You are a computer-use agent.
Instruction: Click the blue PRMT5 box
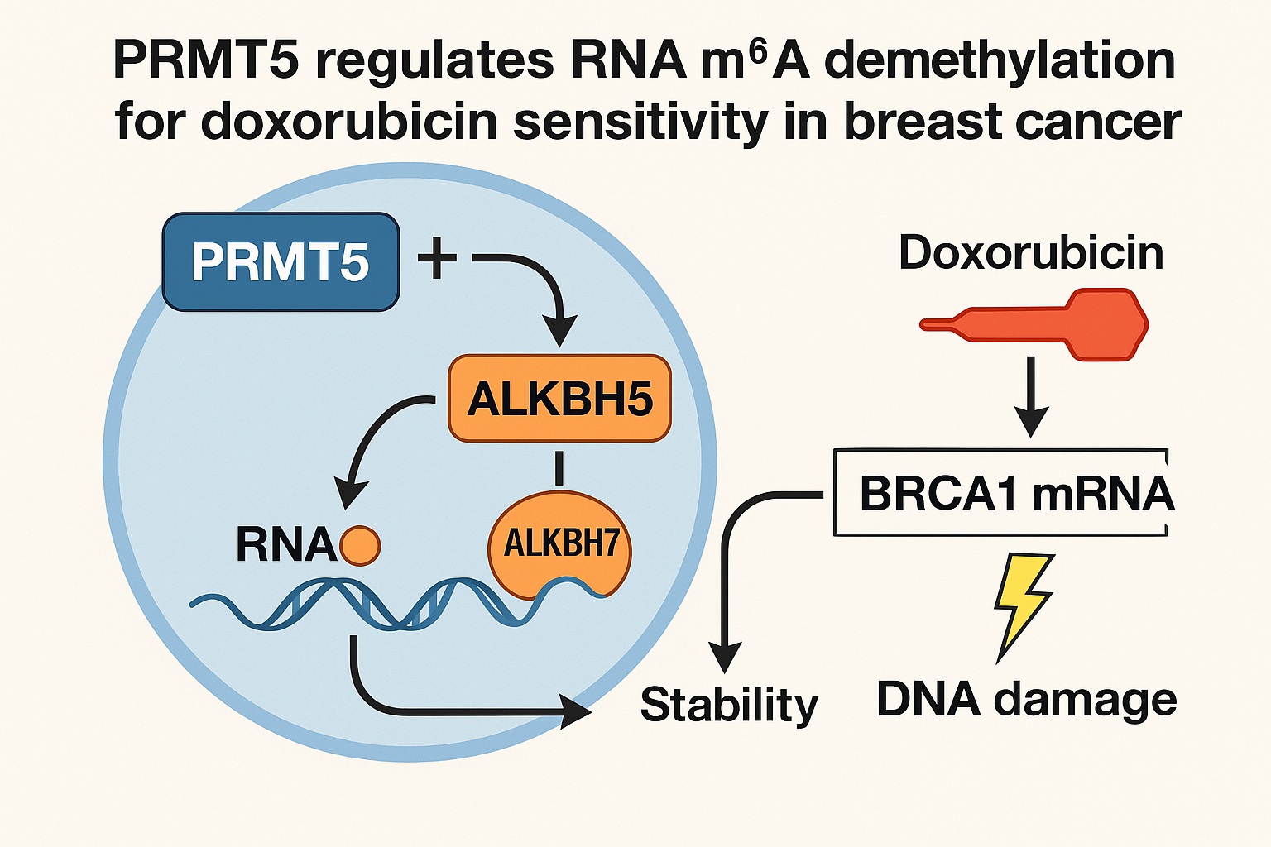point(281,262)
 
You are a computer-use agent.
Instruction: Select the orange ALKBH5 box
point(559,399)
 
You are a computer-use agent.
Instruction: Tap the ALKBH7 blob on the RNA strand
point(560,545)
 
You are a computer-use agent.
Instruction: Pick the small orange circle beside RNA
point(360,546)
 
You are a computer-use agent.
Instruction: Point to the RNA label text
point(285,546)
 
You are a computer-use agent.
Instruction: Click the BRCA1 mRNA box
point(1001,494)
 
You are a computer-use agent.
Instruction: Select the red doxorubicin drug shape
point(1076,324)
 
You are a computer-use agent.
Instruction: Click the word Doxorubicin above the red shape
point(1031,252)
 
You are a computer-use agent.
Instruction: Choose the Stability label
point(729,705)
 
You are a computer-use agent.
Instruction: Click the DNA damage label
point(1026,700)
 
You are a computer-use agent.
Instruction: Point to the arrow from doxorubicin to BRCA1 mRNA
point(1031,397)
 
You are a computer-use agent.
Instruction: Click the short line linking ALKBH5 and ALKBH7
point(559,467)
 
